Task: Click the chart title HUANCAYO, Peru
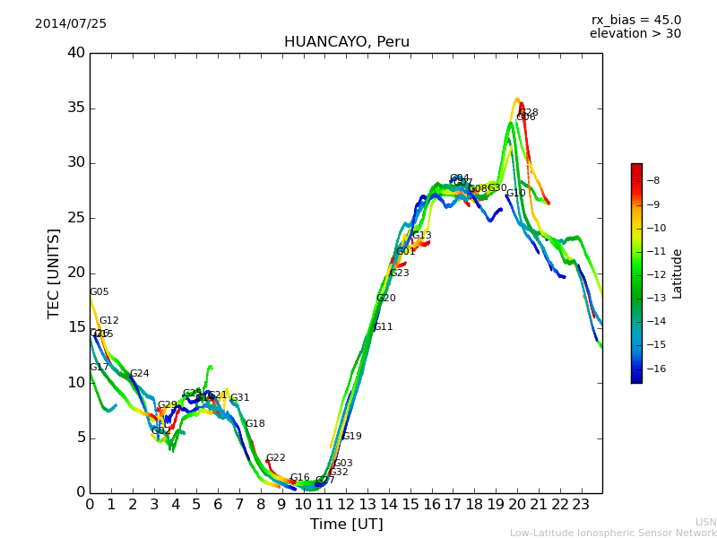(347, 42)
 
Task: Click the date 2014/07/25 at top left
(71, 24)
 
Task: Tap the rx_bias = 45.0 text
(636, 21)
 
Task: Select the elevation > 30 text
(635, 34)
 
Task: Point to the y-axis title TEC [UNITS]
(54, 273)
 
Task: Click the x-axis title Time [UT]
(347, 525)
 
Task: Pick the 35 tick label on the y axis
(76, 108)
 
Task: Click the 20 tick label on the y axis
(76, 273)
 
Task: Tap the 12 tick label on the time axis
(346, 504)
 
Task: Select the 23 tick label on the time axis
(581, 504)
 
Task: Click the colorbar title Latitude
(678, 273)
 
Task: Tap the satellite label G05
(99, 292)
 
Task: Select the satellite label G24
(139, 374)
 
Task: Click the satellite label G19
(352, 437)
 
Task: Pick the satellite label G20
(385, 299)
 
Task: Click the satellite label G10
(516, 194)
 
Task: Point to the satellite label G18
(255, 424)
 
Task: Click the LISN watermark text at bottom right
(706, 522)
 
